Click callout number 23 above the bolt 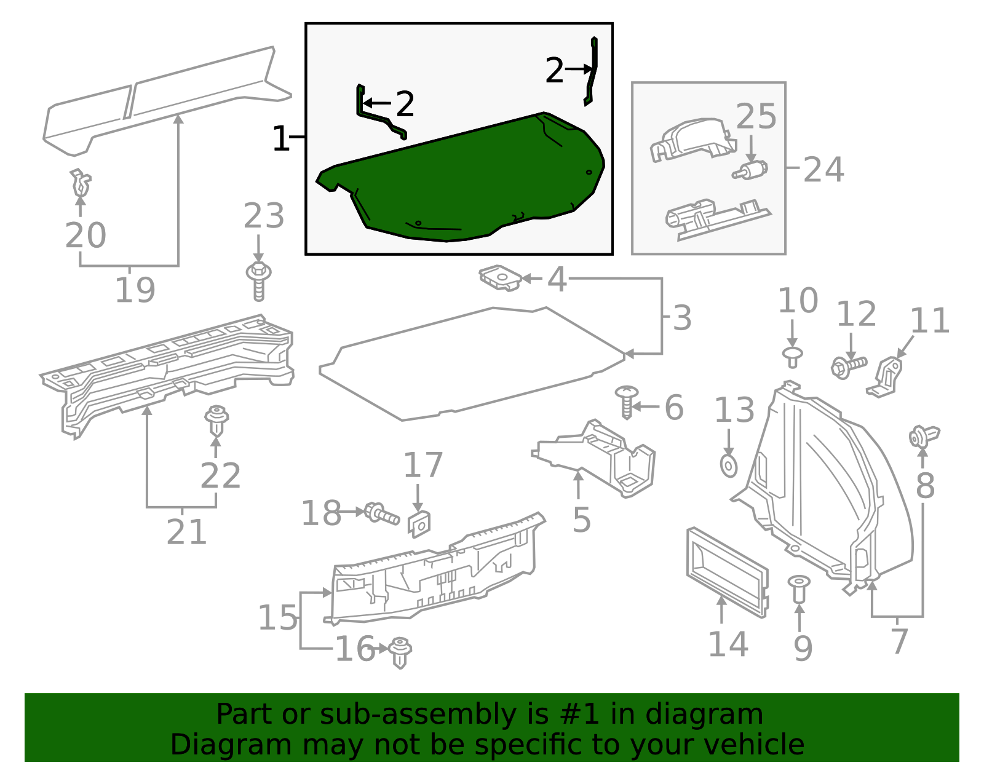tap(264, 216)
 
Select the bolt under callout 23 tap(259, 281)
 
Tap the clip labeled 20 tap(80, 182)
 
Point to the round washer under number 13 tap(728, 465)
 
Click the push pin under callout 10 tap(793, 357)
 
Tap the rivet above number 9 tap(799, 588)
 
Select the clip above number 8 tap(923, 436)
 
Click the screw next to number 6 tap(627, 402)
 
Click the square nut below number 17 tap(419, 524)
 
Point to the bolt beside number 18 tap(382, 513)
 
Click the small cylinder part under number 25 tap(751, 170)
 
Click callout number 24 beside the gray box tap(823, 170)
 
